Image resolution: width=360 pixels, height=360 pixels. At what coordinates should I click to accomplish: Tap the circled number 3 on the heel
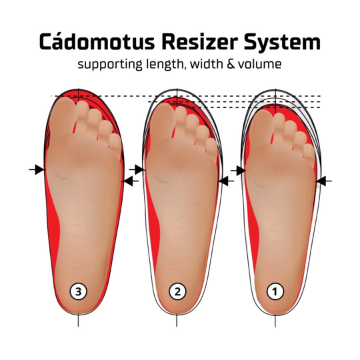click(79, 291)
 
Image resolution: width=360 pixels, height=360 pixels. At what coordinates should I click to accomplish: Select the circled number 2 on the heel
click(177, 291)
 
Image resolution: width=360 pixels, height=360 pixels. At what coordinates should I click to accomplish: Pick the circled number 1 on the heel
click(274, 291)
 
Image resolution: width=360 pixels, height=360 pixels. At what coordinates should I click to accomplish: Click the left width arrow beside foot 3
click(37, 170)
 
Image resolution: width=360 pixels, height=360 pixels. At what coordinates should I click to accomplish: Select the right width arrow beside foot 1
click(324, 181)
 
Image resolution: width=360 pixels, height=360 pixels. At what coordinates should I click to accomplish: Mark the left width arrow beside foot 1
click(237, 171)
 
